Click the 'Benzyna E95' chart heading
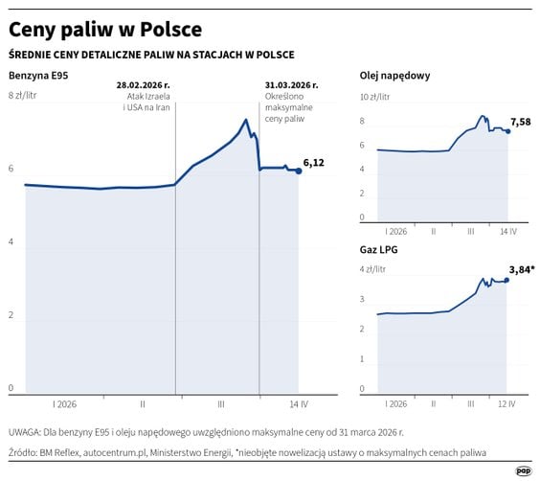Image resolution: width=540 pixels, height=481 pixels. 37,75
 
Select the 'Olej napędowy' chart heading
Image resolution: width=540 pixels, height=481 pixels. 394,75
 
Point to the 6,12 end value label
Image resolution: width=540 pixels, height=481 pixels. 313,163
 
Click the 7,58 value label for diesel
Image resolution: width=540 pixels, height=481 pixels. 521,122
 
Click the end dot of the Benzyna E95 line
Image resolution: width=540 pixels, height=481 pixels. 298,171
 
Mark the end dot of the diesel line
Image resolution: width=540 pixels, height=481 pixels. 507,130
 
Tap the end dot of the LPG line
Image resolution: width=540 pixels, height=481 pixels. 506,280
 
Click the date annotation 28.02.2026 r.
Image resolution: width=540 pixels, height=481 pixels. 144,85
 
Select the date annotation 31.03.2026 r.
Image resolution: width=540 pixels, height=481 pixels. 291,85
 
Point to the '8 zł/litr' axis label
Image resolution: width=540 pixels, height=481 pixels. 23,96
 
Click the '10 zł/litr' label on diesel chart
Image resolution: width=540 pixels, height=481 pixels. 376,98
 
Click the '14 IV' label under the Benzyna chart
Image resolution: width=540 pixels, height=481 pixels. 298,403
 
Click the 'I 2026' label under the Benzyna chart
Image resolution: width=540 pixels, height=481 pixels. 66,403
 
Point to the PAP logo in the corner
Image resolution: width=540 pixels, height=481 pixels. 523,470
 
